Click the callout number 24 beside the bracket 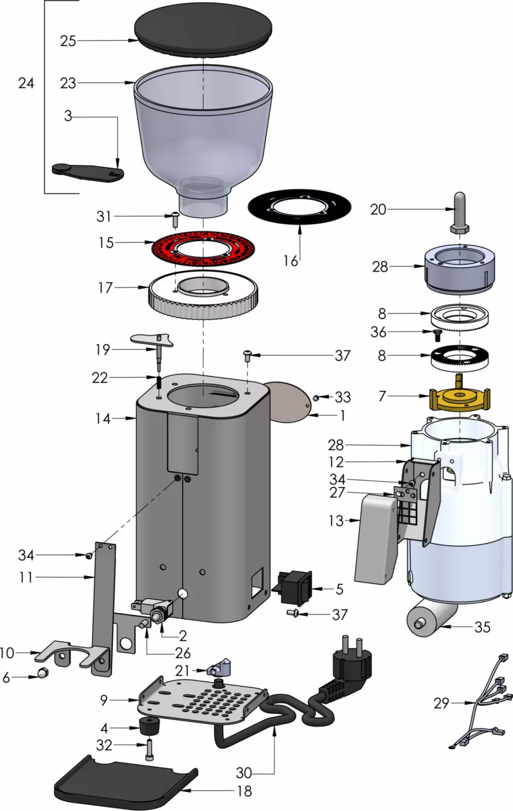coord(26,83)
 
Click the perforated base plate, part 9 coord(203,702)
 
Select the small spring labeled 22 coord(158,381)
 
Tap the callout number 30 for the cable coord(244,772)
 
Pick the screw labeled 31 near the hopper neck coord(174,219)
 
